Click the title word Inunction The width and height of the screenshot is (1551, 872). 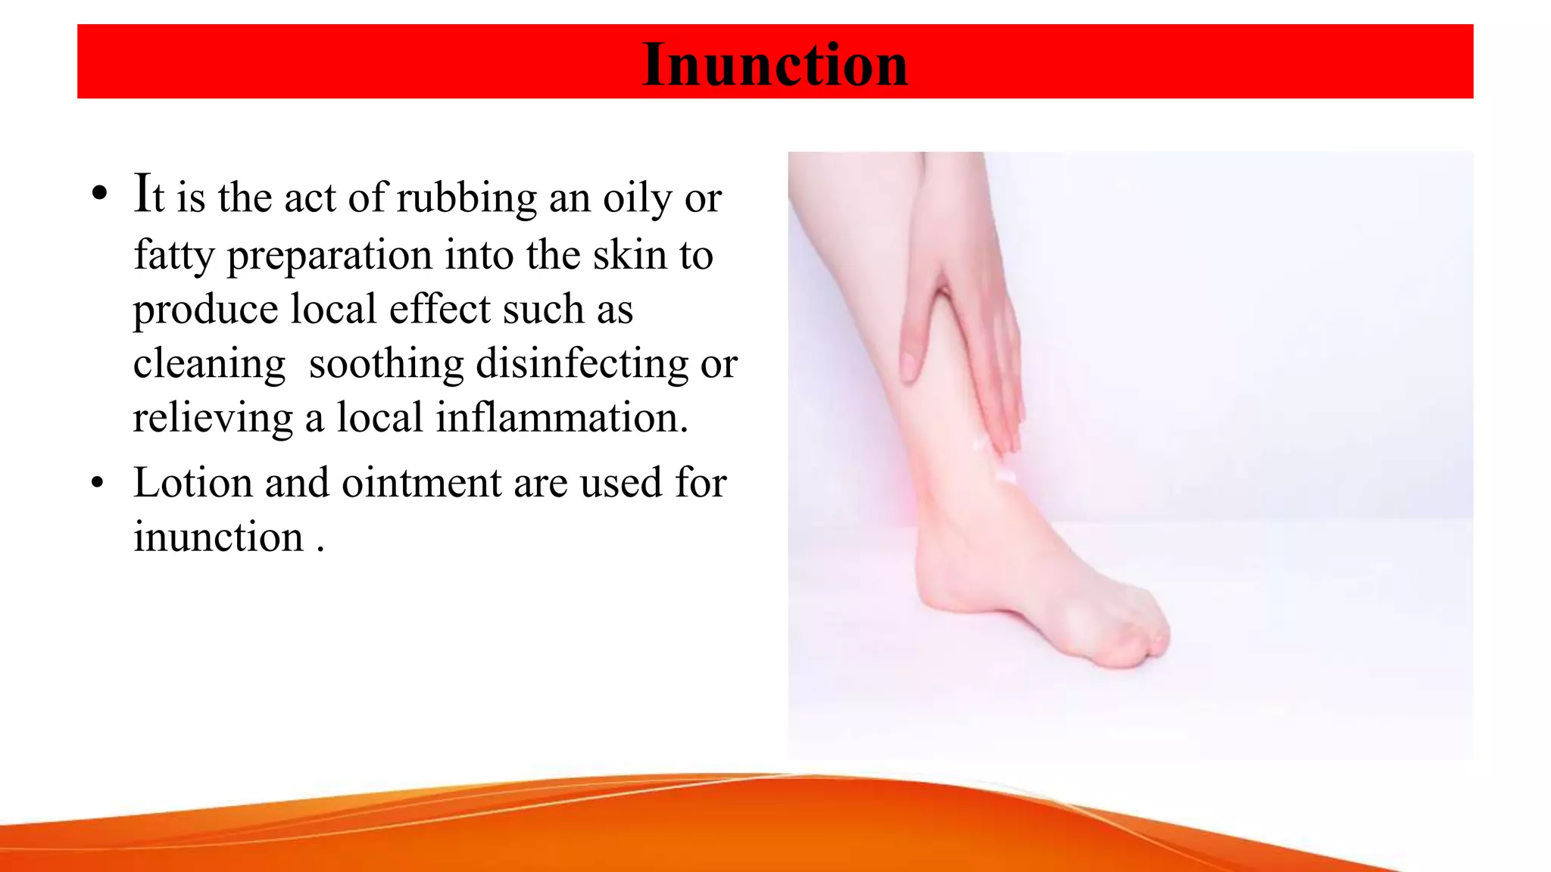pyautogui.click(x=775, y=64)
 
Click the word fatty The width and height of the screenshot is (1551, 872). pyautogui.click(x=174, y=255)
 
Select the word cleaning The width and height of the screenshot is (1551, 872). pyautogui.click(x=209, y=364)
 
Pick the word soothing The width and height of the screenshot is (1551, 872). pyautogui.click(x=386, y=364)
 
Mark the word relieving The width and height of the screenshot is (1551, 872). pyautogui.click(x=213, y=419)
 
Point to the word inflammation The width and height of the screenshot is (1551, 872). pyautogui.click(x=561, y=419)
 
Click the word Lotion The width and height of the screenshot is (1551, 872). pyautogui.click(x=193, y=483)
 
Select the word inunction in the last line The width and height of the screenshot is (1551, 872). pyautogui.click(x=218, y=537)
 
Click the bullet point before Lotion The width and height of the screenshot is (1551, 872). pyautogui.click(x=97, y=482)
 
